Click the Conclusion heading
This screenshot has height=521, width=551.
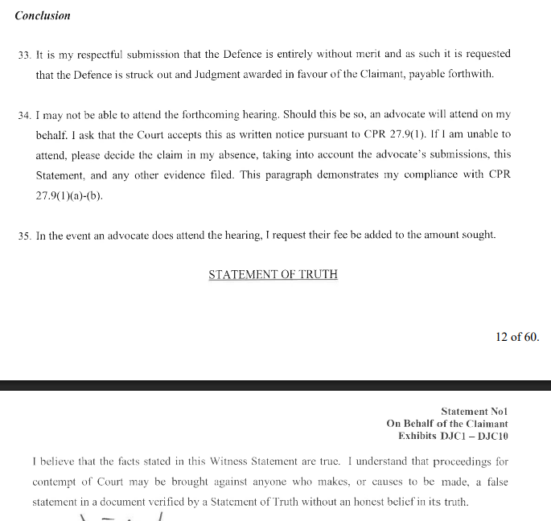[43, 15]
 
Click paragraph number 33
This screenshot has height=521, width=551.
[23, 55]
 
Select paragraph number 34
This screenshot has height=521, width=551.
[23, 116]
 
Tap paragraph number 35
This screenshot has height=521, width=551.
[23, 236]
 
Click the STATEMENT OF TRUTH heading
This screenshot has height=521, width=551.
[273, 275]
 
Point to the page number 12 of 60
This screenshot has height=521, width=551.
[517, 337]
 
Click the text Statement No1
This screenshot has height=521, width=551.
[475, 412]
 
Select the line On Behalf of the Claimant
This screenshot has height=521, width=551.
[447, 424]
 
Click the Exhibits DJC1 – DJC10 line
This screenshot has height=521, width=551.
[453, 436]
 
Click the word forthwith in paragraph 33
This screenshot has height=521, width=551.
[491, 74]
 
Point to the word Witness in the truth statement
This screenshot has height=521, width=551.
[236, 462]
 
